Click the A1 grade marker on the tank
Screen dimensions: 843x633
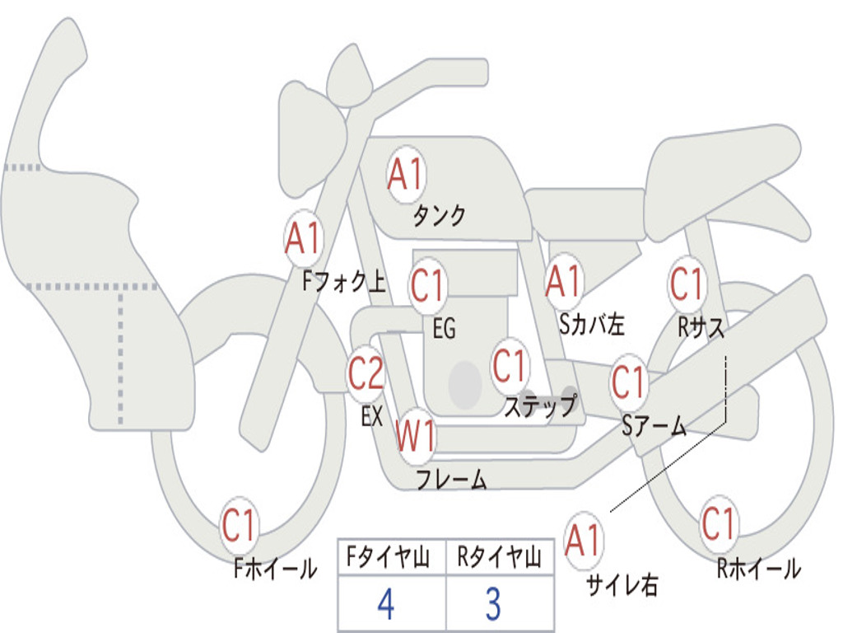click(x=407, y=175)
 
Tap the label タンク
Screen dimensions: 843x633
click(x=440, y=215)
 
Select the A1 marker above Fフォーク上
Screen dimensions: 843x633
click(x=304, y=238)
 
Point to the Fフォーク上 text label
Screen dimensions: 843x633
click(x=344, y=282)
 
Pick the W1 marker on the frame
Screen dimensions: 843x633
click(x=416, y=436)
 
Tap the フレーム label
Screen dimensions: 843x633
click(x=452, y=479)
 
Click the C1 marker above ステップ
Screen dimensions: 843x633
click(x=510, y=366)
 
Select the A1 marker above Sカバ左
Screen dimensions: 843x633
click(x=564, y=282)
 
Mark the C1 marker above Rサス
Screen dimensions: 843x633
click(x=687, y=284)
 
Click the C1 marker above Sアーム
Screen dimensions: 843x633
click(x=628, y=381)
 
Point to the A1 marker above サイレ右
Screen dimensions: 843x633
click(x=583, y=540)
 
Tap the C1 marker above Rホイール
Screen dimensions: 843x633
click(x=719, y=523)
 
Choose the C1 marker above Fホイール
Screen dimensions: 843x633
click(x=240, y=524)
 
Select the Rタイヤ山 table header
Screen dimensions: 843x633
click(x=500, y=557)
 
